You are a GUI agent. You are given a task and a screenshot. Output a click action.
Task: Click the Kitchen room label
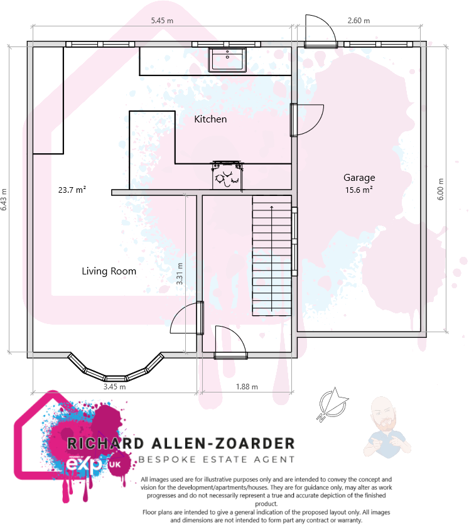(x=210, y=119)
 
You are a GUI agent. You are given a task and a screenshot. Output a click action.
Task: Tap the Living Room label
(x=109, y=271)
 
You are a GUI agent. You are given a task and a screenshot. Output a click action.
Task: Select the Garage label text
(x=359, y=178)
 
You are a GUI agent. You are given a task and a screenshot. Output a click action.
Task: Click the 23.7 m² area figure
(x=72, y=189)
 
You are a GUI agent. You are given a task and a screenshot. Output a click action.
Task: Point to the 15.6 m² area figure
(x=359, y=189)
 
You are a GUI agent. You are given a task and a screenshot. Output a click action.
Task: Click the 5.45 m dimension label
(x=162, y=21)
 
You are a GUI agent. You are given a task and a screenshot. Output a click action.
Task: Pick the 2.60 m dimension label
(x=358, y=21)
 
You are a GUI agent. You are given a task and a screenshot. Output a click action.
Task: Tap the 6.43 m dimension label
(x=4, y=200)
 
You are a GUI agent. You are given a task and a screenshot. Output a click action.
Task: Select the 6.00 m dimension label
(x=441, y=188)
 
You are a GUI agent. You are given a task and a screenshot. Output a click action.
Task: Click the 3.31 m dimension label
(x=180, y=274)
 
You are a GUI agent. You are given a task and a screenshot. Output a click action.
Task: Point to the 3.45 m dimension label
(x=114, y=387)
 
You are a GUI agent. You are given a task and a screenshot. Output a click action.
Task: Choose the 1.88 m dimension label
(x=247, y=387)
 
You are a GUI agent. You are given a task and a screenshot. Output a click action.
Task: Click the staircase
(x=272, y=256)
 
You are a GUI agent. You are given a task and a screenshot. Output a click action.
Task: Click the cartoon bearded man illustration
(x=385, y=426)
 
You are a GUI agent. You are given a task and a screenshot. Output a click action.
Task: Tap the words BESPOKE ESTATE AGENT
(x=217, y=460)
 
